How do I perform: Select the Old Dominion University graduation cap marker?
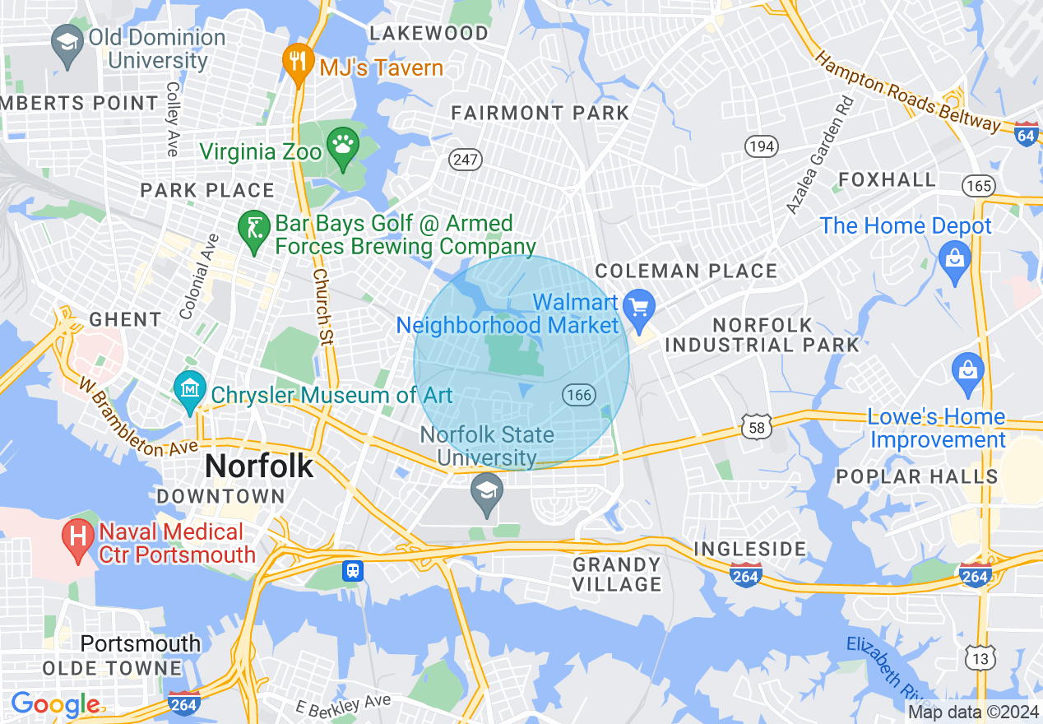66,42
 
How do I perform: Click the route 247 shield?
465,159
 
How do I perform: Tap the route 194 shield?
761,146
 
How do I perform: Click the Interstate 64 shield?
1027,134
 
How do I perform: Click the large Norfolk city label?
259,466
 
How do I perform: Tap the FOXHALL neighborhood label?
888,179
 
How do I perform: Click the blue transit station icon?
353,570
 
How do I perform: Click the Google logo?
55,704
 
